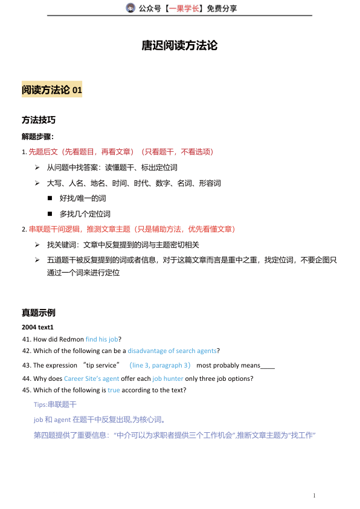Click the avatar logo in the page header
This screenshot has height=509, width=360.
tap(130, 8)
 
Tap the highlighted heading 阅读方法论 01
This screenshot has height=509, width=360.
tap(52, 90)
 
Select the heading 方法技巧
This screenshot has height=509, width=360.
tap(39, 120)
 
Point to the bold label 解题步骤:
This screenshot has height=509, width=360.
tap(37, 137)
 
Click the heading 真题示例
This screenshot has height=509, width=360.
tap(39, 313)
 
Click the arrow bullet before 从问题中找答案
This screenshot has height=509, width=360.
tap(37, 167)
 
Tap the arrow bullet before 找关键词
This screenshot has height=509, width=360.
tap(37, 245)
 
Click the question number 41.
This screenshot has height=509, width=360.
tap(26, 339)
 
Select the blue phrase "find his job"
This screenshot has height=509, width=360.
tap(101, 339)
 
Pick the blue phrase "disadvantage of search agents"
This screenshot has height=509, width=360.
tap(172, 351)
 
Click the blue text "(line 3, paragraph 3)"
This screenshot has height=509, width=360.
tap(161, 365)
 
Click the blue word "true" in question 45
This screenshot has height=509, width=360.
tap(114, 390)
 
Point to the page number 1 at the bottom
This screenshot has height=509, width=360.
tap(314, 496)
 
